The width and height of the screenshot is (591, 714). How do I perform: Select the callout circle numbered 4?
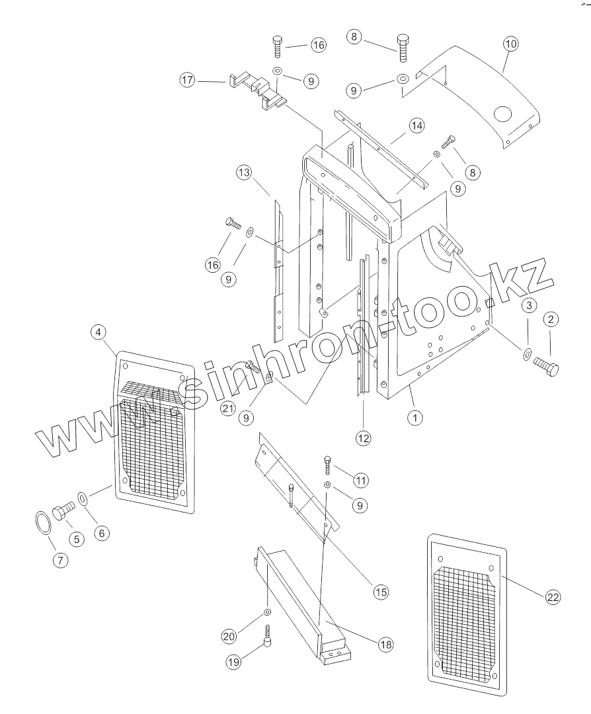[x=98, y=333]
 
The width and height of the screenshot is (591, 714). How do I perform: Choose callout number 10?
[x=510, y=44]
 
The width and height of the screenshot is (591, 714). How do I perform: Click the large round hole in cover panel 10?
[x=502, y=114]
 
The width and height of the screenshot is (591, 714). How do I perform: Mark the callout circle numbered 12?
[x=364, y=437]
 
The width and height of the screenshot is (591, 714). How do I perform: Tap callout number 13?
[x=244, y=174]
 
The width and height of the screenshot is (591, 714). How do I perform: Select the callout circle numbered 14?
[x=416, y=125]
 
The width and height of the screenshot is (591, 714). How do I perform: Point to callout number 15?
[x=380, y=592]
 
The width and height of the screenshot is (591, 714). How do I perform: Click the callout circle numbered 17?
[x=187, y=80]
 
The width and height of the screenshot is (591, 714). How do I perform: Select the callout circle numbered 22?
[x=553, y=597]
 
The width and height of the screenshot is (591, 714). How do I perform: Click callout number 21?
[x=228, y=408]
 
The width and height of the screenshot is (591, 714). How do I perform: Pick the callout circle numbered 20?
[x=229, y=636]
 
